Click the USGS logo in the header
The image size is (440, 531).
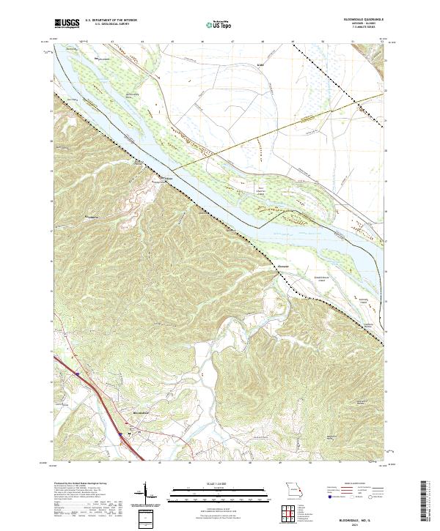tap(65, 23)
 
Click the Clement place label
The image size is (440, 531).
tap(282, 265)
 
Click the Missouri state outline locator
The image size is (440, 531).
tap(292, 489)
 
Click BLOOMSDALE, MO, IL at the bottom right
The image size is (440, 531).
tap(359, 516)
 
